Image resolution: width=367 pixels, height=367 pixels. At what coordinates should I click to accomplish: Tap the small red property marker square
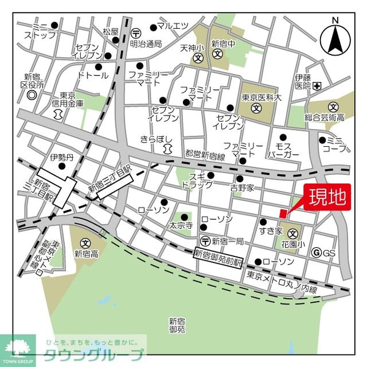283,213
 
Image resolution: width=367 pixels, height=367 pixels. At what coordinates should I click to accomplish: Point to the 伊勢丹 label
61,157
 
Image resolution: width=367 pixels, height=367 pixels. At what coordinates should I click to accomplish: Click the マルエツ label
172,26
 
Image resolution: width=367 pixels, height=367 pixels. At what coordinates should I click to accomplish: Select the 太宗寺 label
181,224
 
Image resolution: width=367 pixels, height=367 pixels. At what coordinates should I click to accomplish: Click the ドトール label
93,75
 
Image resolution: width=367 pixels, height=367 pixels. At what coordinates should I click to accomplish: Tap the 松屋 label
110,32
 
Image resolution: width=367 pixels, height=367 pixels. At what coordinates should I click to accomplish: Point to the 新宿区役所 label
31,81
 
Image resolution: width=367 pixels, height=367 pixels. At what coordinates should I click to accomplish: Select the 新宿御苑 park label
177,325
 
